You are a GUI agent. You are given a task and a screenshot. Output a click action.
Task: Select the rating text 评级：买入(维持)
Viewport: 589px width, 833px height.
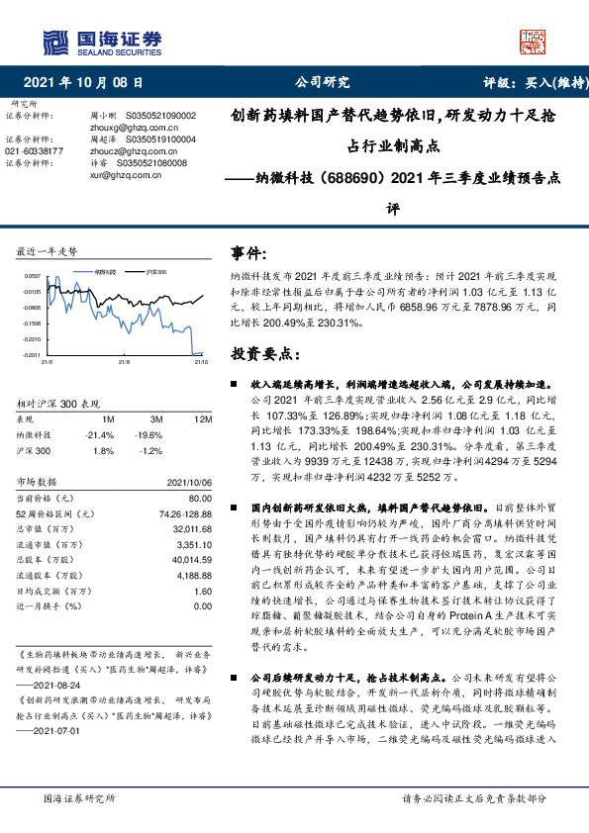point(524,82)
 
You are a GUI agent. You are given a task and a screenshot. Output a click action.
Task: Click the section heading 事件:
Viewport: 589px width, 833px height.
point(248,254)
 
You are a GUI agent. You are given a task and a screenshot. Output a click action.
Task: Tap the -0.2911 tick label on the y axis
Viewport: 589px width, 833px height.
point(33,354)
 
